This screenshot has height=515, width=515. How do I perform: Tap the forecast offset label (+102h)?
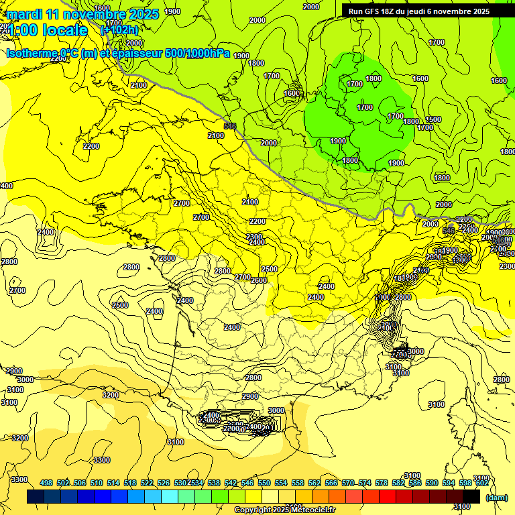click(119, 30)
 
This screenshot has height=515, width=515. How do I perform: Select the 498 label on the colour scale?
click(46, 483)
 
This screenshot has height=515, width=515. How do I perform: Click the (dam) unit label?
click(497, 497)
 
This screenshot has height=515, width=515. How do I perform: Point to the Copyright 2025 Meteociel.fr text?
click(285, 510)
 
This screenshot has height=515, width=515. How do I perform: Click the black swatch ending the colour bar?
click(471, 496)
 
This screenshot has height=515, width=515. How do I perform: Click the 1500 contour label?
click(434, 119)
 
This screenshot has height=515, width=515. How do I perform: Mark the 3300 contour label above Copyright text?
click(102, 460)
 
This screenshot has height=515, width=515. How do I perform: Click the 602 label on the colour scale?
click(481, 483)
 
